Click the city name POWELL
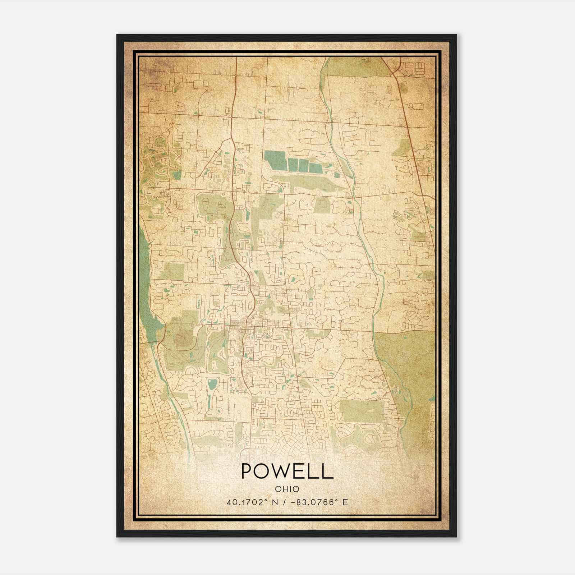[287, 471]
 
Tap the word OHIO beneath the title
[287, 489]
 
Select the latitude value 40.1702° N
[253, 502]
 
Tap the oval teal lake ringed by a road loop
[212, 385]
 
